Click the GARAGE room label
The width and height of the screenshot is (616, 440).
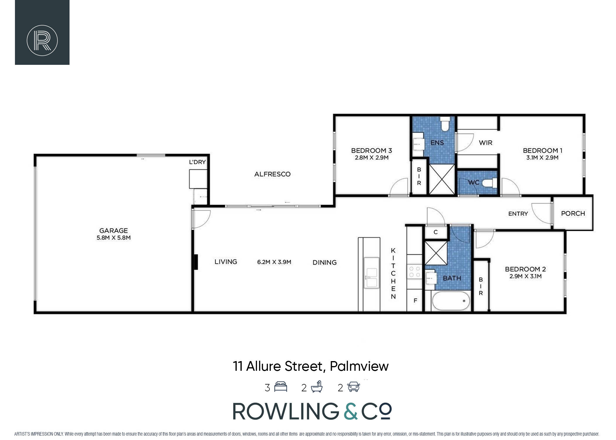pyautogui.click(x=114, y=231)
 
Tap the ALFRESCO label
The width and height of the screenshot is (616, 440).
pyautogui.click(x=272, y=174)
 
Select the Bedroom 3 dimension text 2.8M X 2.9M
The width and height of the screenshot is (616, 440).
pyautogui.click(x=372, y=158)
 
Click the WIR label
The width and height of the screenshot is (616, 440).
pyautogui.click(x=485, y=143)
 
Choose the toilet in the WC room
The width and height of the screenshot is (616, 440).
pyautogui.click(x=490, y=183)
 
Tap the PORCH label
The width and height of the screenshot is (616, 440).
pyautogui.click(x=573, y=214)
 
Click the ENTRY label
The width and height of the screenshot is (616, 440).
pyautogui.click(x=518, y=214)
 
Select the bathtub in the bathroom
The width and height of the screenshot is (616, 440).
pyautogui.click(x=451, y=301)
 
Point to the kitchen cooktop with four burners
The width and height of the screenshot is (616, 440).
pyautogui.click(x=414, y=271)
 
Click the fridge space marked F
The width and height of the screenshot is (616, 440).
pyautogui.click(x=415, y=300)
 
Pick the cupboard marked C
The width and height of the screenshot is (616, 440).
pyautogui.click(x=436, y=232)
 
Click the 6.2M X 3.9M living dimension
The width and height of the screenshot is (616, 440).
pyautogui.click(x=274, y=262)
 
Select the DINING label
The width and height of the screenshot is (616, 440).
pyautogui.click(x=324, y=263)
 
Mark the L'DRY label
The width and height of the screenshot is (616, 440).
pyautogui.click(x=197, y=162)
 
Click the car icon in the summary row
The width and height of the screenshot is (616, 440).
pyautogui.click(x=353, y=387)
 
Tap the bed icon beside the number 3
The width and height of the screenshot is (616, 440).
pyautogui.click(x=280, y=387)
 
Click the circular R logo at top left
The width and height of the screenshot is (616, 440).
pyautogui.click(x=42, y=40)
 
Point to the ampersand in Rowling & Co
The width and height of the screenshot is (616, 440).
pyautogui.click(x=351, y=411)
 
